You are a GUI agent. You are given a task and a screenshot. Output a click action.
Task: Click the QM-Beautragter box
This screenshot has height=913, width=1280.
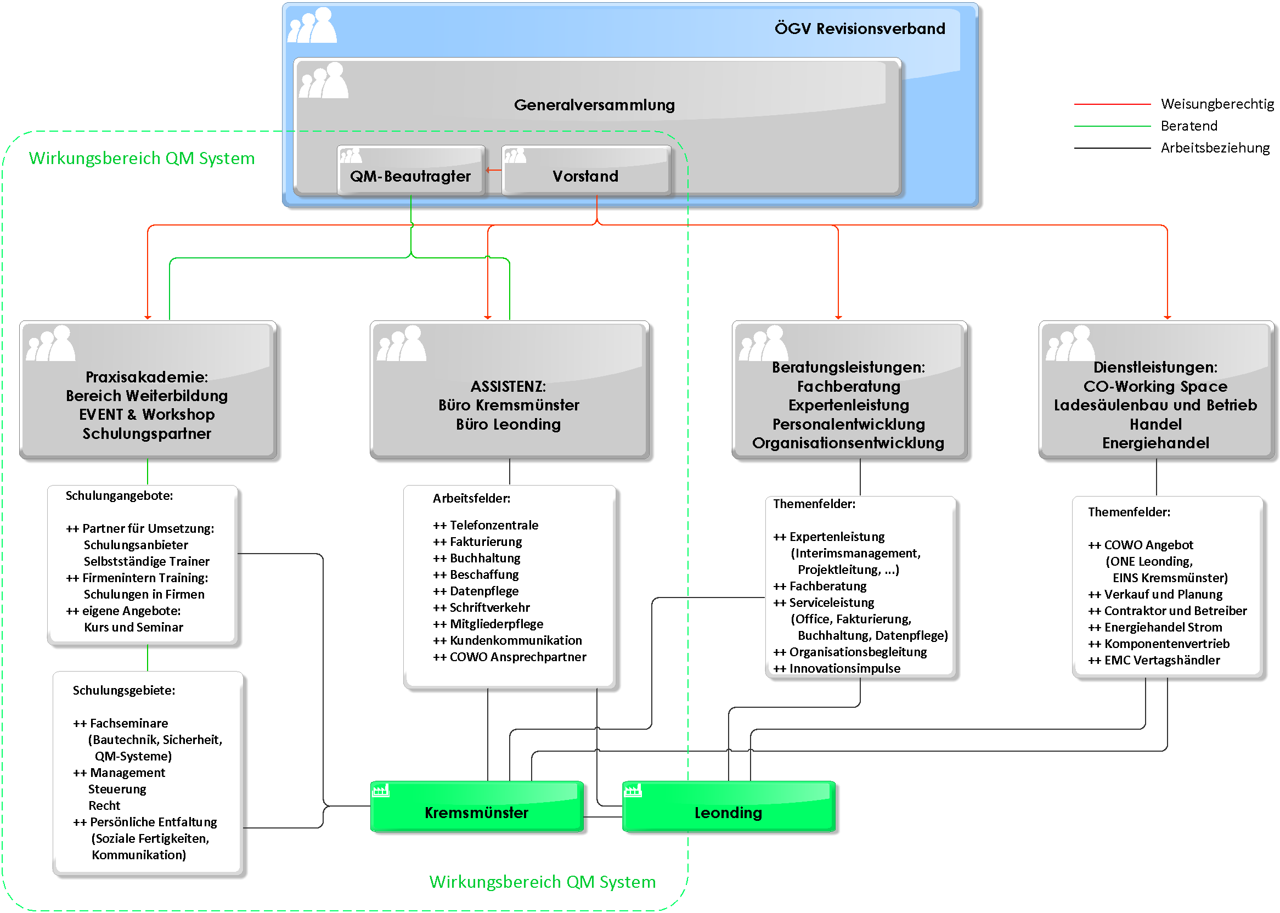tap(410, 170)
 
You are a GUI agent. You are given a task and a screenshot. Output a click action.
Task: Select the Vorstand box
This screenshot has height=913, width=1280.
tap(586, 170)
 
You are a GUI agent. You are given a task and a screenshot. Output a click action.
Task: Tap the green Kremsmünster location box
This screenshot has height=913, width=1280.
tap(477, 806)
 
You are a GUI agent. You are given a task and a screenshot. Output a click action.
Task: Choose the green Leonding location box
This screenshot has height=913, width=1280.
tap(729, 806)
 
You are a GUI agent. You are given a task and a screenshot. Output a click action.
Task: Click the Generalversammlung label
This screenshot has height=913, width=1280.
tap(594, 105)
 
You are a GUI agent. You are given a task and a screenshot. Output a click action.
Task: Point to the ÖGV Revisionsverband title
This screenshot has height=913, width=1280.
tap(860, 29)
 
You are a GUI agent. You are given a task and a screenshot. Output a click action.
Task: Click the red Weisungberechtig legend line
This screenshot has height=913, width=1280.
tap(1113, 104)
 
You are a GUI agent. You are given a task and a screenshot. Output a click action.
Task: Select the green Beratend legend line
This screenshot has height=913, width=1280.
tap(1113, 126)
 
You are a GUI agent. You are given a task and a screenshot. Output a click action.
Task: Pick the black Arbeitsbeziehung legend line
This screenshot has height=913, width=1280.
tap(1113, 148)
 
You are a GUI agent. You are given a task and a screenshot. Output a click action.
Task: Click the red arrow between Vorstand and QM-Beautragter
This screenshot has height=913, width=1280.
tap(494, 170)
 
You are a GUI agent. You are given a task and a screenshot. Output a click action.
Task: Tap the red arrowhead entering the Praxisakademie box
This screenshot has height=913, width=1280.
tap(148, 317)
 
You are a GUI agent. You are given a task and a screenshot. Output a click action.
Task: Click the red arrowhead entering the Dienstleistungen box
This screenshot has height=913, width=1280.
tap(1168, 317)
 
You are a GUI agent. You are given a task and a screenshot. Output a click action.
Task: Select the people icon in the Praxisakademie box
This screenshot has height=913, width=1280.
tap(50, 343)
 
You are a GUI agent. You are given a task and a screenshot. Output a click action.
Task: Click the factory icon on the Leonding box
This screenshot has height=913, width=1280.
tap(633, 791)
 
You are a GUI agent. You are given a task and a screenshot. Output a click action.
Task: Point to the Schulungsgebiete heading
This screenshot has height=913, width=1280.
tap(123, 690)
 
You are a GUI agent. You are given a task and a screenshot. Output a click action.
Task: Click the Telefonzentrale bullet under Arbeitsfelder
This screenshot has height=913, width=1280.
tap(485, 525)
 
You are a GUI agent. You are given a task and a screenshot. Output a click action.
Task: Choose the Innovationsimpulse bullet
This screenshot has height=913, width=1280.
tap(837, 668)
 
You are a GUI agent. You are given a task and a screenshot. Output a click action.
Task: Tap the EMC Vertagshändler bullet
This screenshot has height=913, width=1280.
tap(1153, 660)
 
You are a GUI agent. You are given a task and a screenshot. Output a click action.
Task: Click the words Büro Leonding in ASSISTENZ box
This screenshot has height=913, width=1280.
tap(508, 425)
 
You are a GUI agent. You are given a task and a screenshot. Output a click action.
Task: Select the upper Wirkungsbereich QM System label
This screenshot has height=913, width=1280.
tap(142, 159)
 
